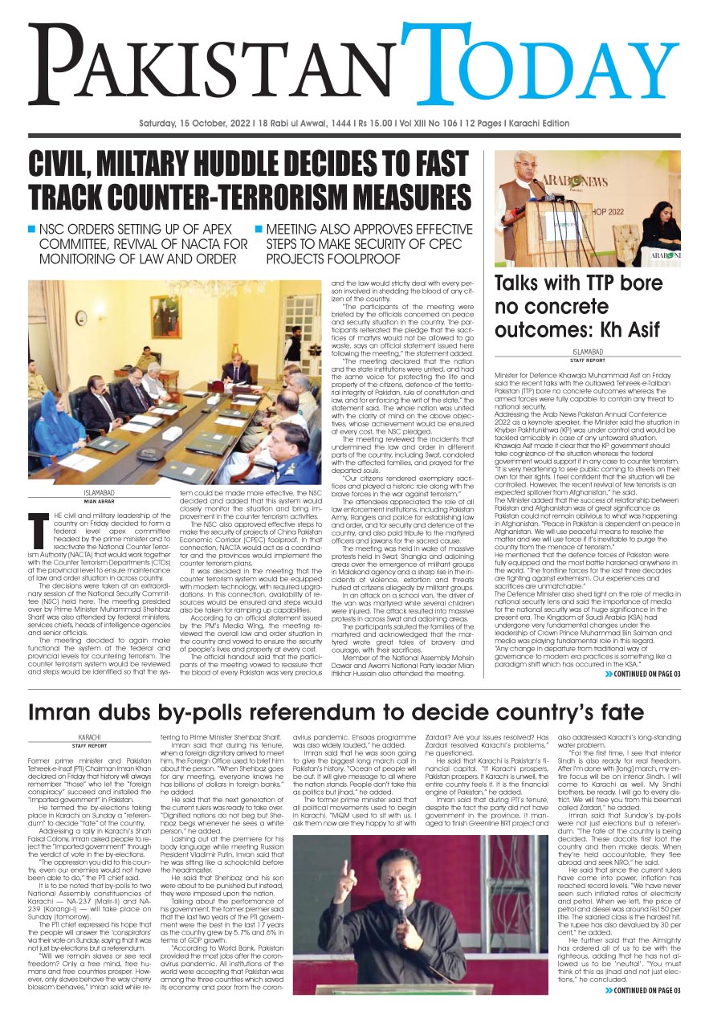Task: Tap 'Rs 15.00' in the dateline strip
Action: pos(377,124)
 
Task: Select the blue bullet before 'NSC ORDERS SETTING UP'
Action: pos(33,229)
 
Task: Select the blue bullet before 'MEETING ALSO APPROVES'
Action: pos(259,229)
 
